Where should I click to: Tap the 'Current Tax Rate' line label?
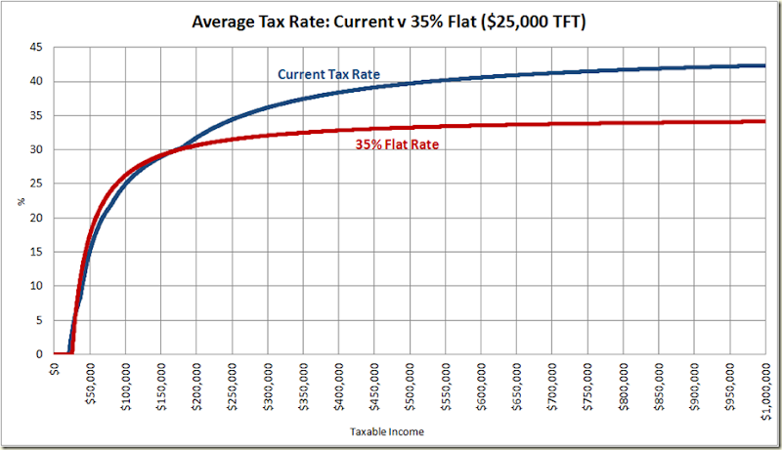click(328, 74)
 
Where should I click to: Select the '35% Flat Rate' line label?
click(395, 145)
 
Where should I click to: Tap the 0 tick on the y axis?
click(37, 354)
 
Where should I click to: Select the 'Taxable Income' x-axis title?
click(390, 430)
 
